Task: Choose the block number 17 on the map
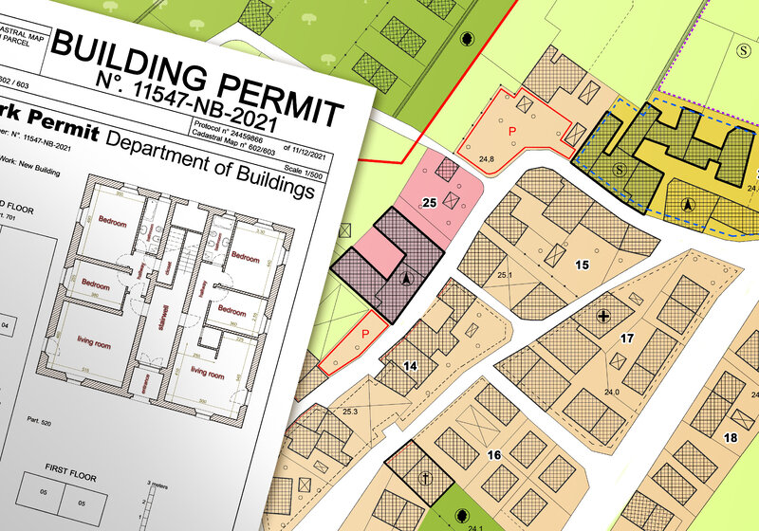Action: pyautogui.click(x=626, y=338)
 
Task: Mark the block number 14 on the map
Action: pyautogui.click(x=411, y=365)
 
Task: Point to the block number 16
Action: pyautogui.click(x=493, y=455)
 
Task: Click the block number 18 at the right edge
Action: pyautogui.click(x=730, y=437)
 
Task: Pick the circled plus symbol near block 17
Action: pyautogui.click(x=603, y=315)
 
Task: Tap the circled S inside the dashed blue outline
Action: pyautogui.click(x=620, y=169)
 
